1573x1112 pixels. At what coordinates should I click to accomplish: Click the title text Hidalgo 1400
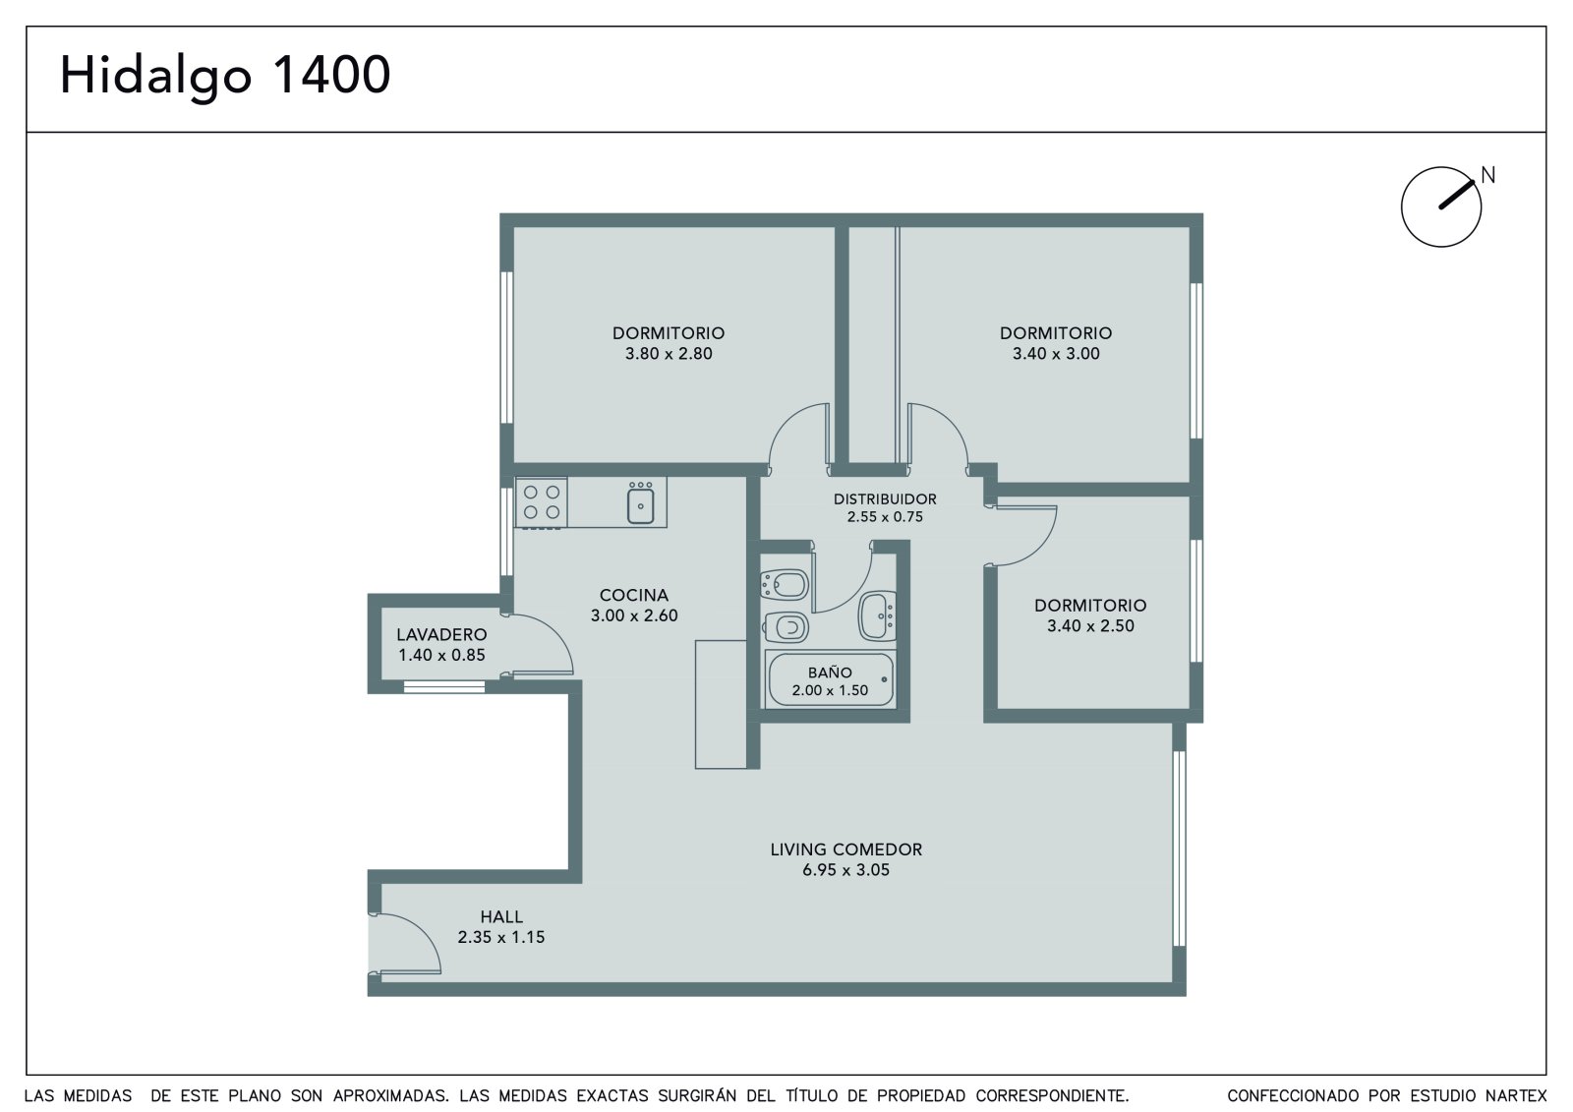tap(225, 76)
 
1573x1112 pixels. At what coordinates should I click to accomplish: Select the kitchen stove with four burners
tap(542, 502)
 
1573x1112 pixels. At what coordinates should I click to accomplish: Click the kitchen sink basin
tap(640, 505)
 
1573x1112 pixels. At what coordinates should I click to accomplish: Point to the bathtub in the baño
tap(831, 679)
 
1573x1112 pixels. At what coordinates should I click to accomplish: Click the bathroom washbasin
tap(877, 616)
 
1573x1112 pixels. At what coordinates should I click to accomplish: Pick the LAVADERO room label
tap(441, 634)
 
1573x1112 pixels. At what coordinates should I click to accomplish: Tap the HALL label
tap(501, 916)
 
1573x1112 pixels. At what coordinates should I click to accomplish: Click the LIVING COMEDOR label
tap(846, 849)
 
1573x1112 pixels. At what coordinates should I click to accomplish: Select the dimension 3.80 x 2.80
tap(669, 353)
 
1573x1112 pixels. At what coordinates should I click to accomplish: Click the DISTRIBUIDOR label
tap(885, 498)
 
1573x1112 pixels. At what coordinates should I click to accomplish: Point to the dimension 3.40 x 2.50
tap(1090, 625)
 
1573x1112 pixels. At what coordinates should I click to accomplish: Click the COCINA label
tap(633, 595)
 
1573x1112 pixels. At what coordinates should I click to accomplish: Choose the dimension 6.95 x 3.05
tap(846, 870)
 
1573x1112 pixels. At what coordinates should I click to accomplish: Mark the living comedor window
tap(1179, 849)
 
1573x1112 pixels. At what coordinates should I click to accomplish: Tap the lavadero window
tap(443, 686)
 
